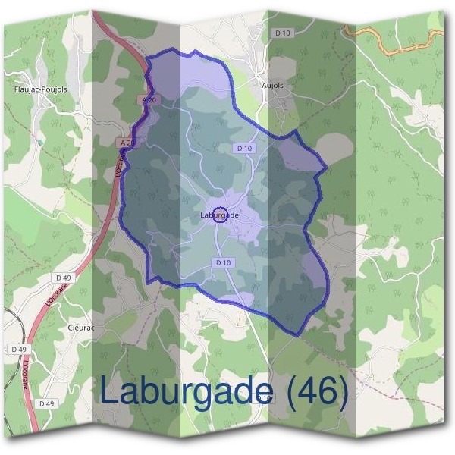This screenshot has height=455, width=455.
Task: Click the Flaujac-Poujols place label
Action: pyautogui.click(x=41, y=89)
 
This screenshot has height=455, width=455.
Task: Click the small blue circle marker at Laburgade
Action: pyautogui.click(x=220, y=215)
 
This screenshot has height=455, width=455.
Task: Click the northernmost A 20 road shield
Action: pyautogui.click(x=149, y=99)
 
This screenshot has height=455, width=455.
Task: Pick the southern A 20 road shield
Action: pyautogui.click(x=127, y=143)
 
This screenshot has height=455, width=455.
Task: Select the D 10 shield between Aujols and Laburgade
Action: pyautogui.click(x=243, y=149)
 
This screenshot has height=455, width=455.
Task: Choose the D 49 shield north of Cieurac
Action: pyautogui.click(x=63, y=278)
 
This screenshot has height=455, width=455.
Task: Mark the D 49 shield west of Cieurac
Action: pyautogui.click(x=19, y=349)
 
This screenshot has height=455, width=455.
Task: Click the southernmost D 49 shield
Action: pyautogui.click(x=46, y=403)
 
